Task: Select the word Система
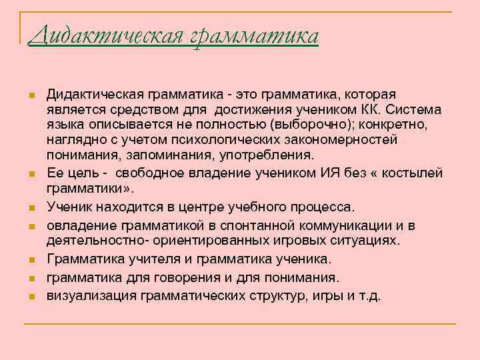tap(408, 109)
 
